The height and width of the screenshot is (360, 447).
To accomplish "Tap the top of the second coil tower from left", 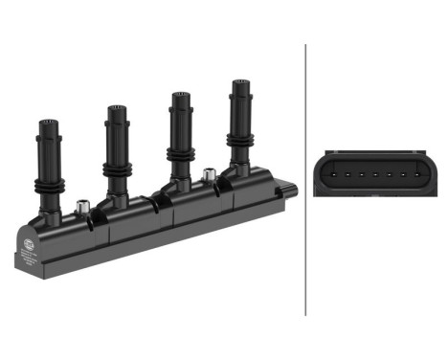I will (117, 109).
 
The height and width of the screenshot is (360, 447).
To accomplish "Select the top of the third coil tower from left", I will (179, 97).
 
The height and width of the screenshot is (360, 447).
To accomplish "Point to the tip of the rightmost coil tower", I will (238, 84).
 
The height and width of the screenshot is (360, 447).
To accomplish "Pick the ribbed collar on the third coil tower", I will (179, 153).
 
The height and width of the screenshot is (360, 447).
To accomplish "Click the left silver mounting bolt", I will (82, 206).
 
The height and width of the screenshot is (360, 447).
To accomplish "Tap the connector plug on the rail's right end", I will (288, 191).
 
